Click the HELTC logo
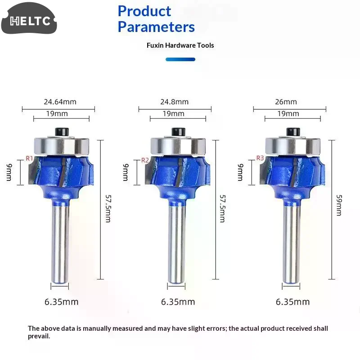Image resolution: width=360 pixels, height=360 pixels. [29, 18]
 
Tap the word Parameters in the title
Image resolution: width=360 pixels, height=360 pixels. [156, 27]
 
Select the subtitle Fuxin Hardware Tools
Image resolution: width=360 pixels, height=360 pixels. [180, 45]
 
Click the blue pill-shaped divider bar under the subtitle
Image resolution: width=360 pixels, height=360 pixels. [180, 59]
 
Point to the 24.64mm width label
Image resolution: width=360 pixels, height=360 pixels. [60, 102]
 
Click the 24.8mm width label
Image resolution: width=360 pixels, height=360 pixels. [175, 102]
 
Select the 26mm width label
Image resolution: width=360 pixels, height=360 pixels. [286, 102]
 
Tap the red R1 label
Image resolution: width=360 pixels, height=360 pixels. [29, 158]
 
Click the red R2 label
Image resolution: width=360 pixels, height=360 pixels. [145, 160]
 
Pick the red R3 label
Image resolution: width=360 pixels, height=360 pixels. [260, 158]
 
